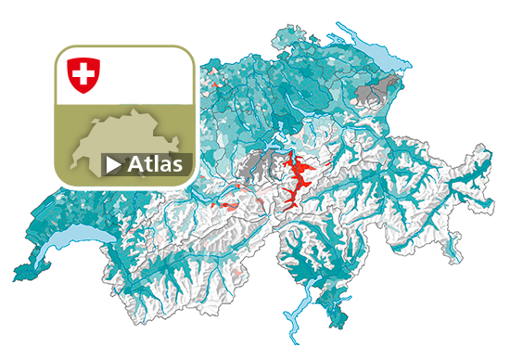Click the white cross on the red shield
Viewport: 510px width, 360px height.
point(83,72)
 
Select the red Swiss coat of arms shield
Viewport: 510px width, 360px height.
point(83,74)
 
